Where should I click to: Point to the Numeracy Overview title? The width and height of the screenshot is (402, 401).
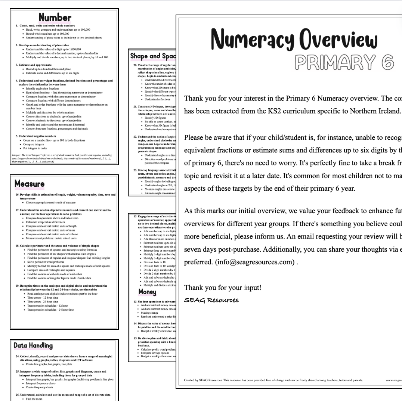click(x=289, y=39)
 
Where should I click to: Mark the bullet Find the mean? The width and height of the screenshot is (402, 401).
click(x=37, y=398)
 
